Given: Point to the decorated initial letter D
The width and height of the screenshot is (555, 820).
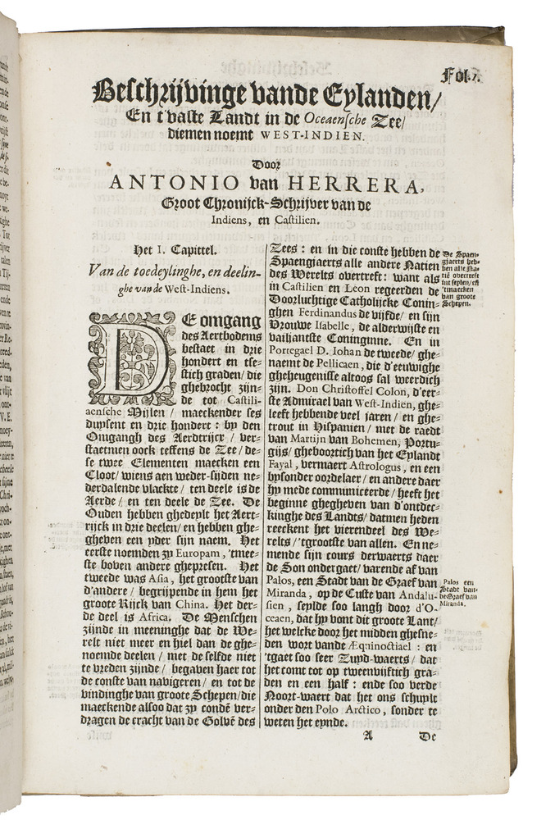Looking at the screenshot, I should [x=133, y=358].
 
